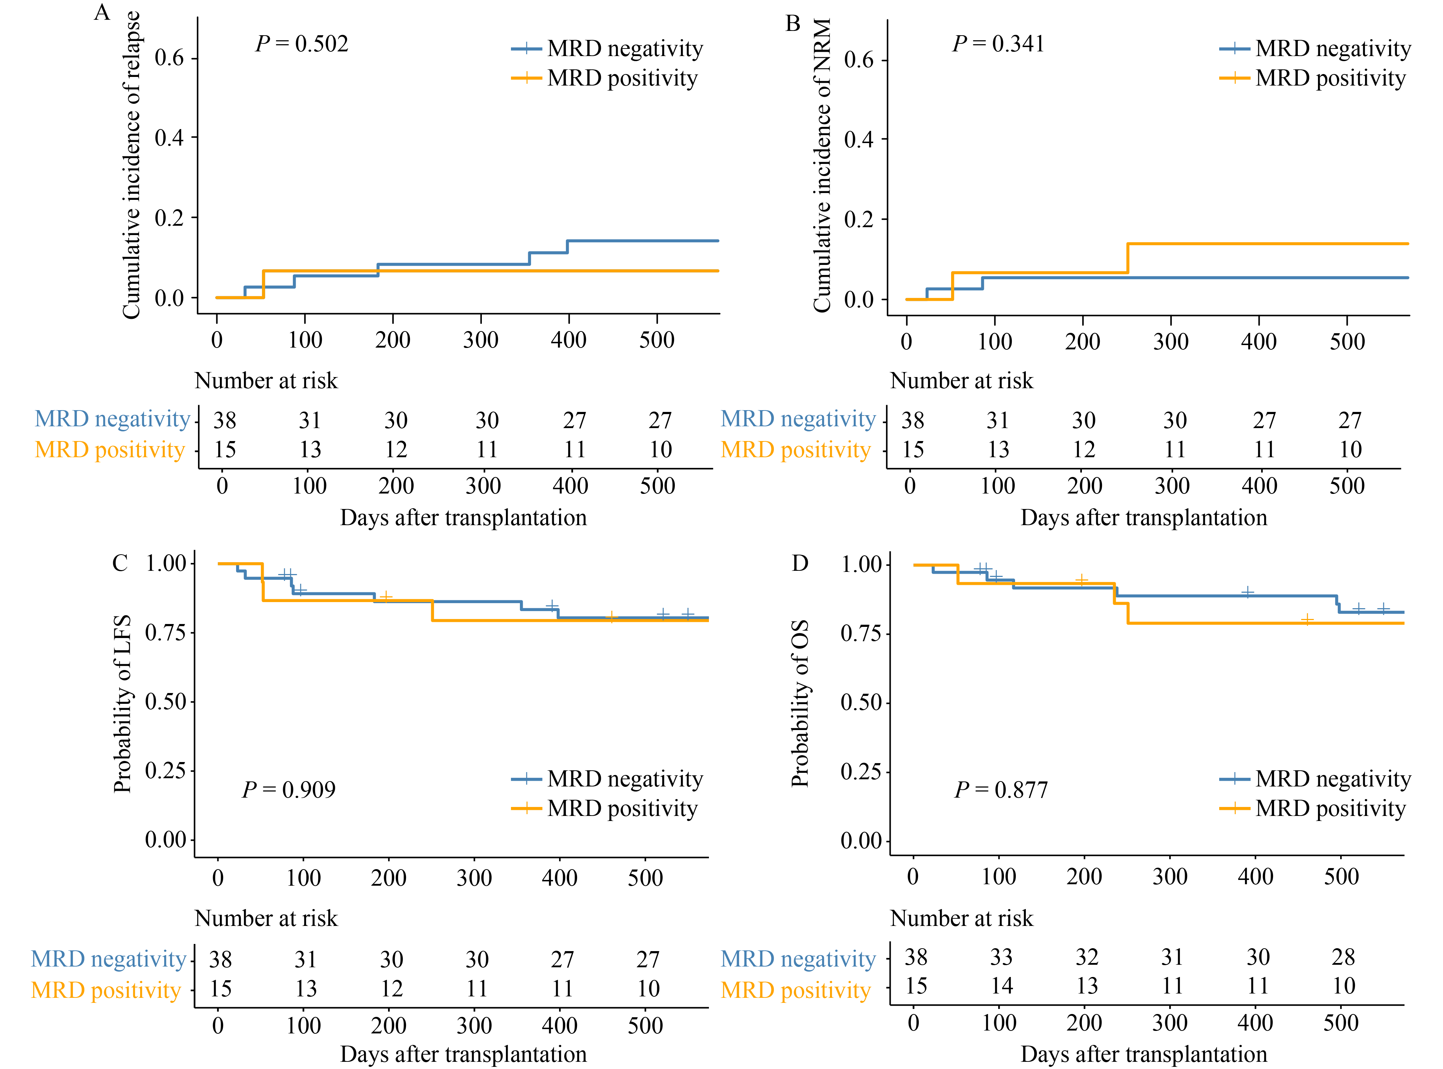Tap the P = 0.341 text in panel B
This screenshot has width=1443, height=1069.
pos(998,44)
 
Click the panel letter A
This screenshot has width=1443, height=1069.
pos(102,12)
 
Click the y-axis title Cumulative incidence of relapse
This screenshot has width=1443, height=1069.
pos(131,165)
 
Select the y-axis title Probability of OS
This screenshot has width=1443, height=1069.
pos(800,703)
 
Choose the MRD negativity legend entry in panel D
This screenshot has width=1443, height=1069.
pos(1315,779)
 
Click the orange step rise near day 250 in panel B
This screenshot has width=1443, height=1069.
pos(1128,258)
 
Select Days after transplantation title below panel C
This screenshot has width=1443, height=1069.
pos(463,1054)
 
